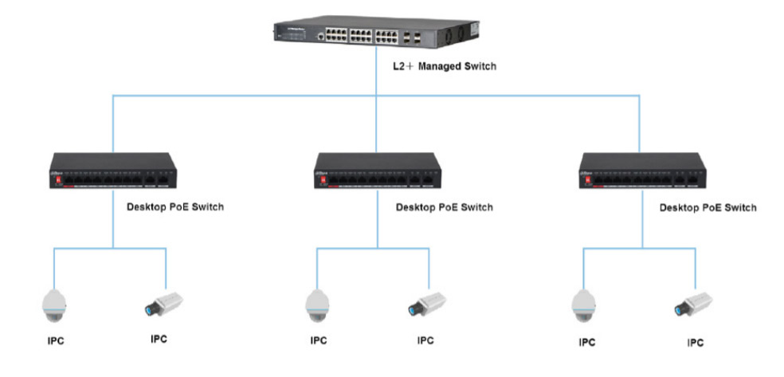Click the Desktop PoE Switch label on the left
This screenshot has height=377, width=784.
[175, 207]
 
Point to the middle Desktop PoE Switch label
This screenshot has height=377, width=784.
[444, 207]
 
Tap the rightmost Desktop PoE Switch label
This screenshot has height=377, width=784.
[708, 207]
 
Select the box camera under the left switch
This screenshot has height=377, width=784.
[163, 303]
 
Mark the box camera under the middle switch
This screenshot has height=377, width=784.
[427, 303]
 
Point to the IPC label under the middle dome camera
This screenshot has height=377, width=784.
[319, 342]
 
